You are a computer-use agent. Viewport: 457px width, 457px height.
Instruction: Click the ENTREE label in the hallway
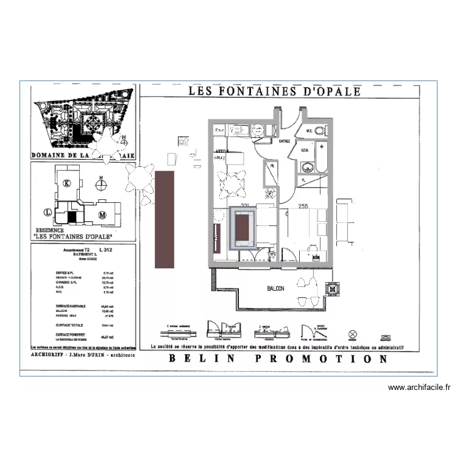[284, 141]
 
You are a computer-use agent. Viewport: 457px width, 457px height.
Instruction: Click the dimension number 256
[303, 207]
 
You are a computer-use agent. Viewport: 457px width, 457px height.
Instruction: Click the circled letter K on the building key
[68, 183]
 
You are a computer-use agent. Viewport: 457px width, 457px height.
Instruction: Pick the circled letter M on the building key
[102, 214]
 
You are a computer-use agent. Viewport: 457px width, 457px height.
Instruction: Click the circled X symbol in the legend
[352, 334]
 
